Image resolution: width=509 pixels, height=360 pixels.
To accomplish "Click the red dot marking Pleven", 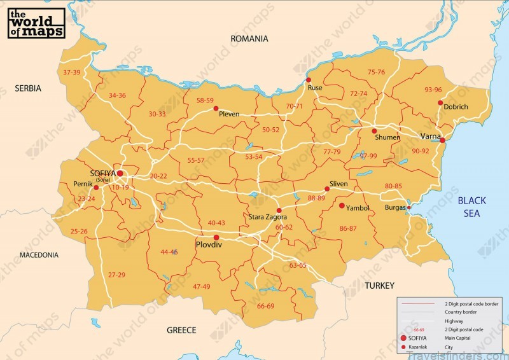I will tap(216, 108).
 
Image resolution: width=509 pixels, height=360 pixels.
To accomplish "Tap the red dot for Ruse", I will tap(309, 80).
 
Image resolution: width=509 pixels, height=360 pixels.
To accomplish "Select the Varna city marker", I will tap(442, 140).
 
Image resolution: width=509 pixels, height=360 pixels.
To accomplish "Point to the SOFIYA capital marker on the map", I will tap(119, 173).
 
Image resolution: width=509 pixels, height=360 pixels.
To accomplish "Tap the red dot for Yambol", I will tap(342, 205).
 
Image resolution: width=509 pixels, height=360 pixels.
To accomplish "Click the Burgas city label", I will tap(395, 208).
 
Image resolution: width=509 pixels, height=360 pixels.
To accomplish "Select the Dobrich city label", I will tap(456, 107).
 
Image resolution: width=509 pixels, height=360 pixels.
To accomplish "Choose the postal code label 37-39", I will tap(71, 73).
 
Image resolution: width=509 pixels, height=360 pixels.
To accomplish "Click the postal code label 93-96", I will tap(433, 90).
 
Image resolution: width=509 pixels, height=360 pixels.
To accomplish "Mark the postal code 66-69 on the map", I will tap(265, 306).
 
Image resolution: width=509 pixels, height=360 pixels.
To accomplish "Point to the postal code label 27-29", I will tap(116, 275).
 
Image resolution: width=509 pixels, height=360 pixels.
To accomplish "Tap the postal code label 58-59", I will tap(205, 100).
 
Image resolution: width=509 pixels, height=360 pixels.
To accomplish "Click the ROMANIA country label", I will tap(249, 39).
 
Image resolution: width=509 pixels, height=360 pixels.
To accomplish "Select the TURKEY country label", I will tap(379, 286).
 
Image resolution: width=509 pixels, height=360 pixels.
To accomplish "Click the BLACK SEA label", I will tap(471, 207).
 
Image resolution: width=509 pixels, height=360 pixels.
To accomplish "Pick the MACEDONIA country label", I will tap(39, 255).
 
